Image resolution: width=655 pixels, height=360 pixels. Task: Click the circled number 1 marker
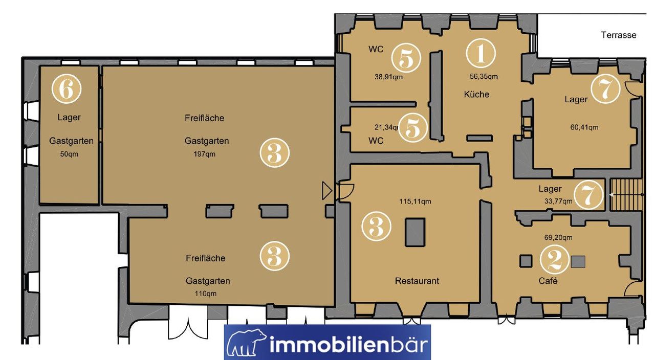481,54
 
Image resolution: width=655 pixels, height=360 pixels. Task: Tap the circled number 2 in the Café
554,260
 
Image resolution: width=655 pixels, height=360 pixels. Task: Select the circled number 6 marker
67,88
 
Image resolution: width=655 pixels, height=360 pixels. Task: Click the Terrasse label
619,35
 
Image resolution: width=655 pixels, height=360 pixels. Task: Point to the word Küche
476,94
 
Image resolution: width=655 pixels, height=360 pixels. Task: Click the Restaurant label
417,281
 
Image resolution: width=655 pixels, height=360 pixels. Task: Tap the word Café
548,281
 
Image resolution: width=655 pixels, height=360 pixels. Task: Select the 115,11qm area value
415,201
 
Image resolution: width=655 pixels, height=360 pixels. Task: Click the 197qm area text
204,154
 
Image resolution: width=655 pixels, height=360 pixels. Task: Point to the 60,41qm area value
584,127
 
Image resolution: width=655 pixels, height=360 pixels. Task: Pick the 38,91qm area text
388,77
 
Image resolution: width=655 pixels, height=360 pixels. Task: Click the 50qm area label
69,154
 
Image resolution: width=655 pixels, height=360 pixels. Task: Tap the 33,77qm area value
558,201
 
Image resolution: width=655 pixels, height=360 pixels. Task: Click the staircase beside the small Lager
626,195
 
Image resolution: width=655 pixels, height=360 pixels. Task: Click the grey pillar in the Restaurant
415,232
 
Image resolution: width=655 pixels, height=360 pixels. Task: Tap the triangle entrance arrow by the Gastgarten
327,191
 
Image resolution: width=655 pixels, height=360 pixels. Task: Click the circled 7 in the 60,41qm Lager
605,88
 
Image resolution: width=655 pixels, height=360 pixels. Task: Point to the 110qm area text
206,294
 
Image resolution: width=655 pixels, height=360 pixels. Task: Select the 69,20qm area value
558,238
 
